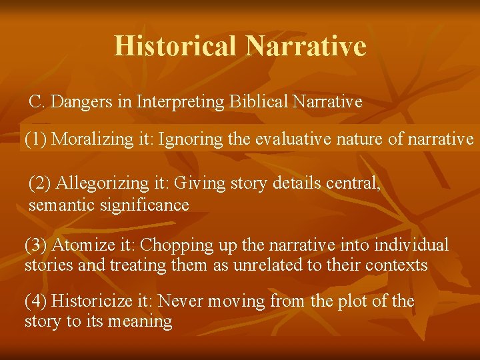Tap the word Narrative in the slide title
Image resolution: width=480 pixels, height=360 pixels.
point(306,46)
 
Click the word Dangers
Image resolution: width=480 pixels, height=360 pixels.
point(75,102)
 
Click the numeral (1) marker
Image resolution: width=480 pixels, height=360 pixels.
point(36,139)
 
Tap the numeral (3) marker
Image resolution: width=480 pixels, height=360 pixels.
point(36,245)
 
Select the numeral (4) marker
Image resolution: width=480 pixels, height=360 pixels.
point(36,301)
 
